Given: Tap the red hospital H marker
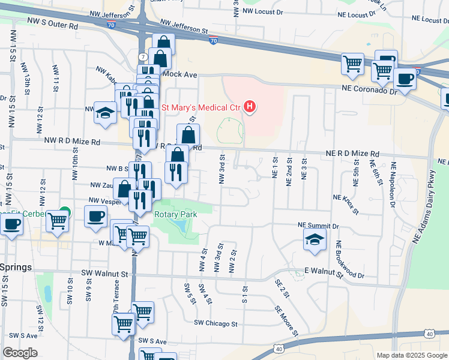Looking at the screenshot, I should [x=250, y=107].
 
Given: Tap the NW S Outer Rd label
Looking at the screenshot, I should [x=53, y=26].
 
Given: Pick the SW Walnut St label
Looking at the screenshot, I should [x=105, y=274].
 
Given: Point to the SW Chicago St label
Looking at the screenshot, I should [x=215, y=323].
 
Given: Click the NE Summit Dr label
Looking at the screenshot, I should [x=319, y=225].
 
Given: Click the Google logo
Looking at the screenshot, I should [x=20, y=353].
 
